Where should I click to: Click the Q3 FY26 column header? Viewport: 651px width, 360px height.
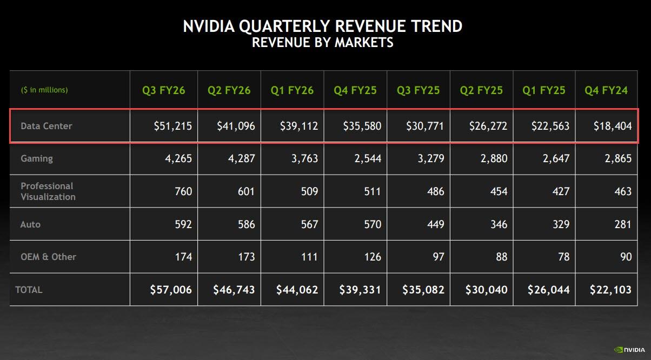tap(163, 90)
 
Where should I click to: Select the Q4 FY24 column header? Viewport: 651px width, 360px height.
tap(606, 90)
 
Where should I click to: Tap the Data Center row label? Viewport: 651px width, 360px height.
tap(46, 126)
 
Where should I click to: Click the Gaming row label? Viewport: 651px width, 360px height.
tap(37, 158)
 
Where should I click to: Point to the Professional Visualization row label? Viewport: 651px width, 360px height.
tap(48, 191)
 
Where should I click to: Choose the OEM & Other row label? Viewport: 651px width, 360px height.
tap(48, 257)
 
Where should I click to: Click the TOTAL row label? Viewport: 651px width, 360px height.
tap(29, 290)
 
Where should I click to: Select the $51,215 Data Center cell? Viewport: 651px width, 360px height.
tap(172, 126)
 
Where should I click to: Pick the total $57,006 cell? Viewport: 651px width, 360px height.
tap(171, 290)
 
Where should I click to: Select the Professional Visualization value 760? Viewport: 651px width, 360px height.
tap(182, 191)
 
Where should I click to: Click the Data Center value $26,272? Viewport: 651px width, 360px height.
tap(488, 126)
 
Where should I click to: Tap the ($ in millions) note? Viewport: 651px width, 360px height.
tap(44, 90)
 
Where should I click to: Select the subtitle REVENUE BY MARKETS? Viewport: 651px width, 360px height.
tap(323, 43)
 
